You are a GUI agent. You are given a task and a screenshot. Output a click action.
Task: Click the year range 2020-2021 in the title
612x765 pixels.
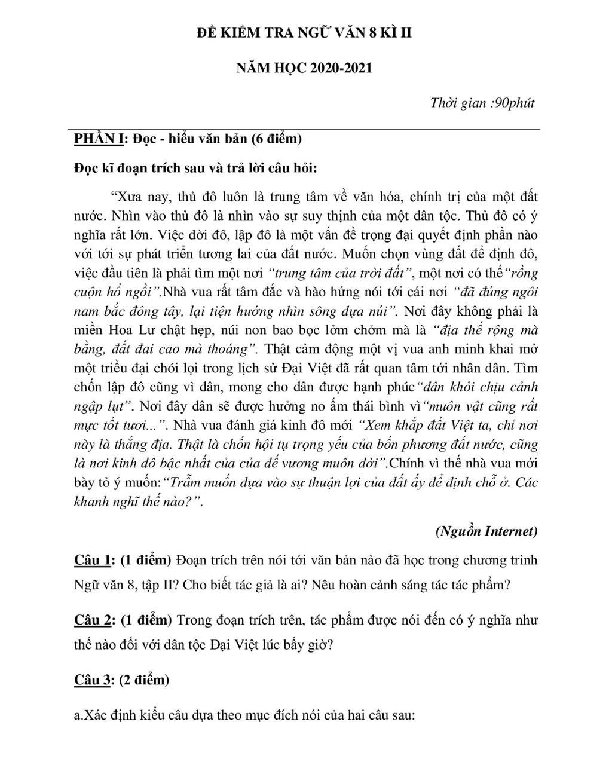(338, 68)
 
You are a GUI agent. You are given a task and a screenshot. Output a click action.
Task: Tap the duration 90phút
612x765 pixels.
(515, 103)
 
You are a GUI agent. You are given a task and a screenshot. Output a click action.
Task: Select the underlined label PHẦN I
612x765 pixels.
(99, 139)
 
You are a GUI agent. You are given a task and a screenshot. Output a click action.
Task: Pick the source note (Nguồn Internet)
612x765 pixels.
(486, 531)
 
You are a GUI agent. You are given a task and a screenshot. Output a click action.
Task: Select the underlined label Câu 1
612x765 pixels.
(92, 560)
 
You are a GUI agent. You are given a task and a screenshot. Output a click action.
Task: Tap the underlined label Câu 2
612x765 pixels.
(92, 620)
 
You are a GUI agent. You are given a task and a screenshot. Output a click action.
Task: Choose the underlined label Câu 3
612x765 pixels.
(92, 680)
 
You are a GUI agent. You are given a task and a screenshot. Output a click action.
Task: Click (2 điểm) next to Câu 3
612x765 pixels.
(144, 680)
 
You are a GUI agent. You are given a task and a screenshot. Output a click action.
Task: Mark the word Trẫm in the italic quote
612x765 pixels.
(186, 483)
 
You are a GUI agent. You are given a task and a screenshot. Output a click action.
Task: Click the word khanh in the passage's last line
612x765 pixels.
(93, 502)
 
